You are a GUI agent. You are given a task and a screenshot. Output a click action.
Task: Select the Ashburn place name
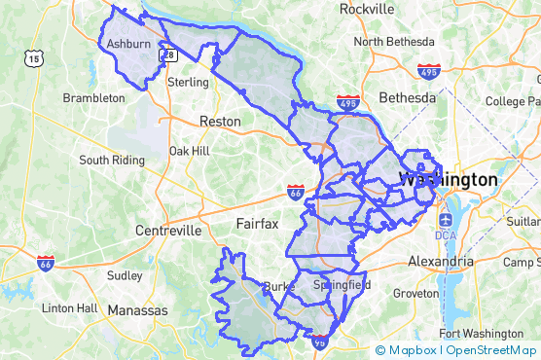tap(128, 44)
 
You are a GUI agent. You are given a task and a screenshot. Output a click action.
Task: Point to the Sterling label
tap(188, 83)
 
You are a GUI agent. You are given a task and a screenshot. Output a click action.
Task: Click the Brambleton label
tap(93, 98)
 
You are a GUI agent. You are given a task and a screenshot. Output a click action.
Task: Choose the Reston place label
tap(219, 122)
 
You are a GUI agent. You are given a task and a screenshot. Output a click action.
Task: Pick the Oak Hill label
tap(189, 151)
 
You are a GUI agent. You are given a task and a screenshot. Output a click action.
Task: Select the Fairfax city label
tap(257, 224)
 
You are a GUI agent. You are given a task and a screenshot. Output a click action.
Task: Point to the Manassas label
tap(137, 310)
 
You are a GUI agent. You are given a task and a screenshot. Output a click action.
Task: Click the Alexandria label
tap(440, 262)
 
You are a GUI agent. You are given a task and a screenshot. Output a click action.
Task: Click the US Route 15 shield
tap(35, 59)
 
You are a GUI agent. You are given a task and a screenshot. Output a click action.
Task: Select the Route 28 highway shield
tap(168, 55)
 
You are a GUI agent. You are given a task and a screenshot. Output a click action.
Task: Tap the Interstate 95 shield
tap(320, 342)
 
